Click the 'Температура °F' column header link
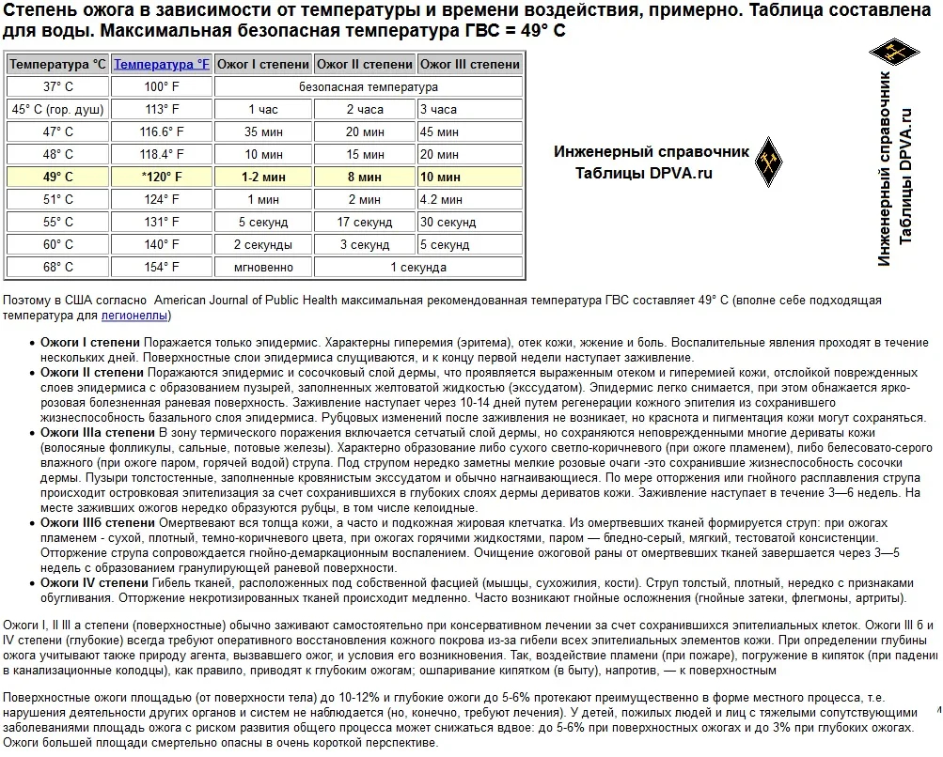(162, 65)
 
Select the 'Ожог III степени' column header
(469, 65)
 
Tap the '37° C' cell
(57, 87)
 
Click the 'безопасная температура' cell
(368, 87)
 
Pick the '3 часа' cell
(439, 110)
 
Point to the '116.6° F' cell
(162, 132)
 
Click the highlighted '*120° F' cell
(162, 178)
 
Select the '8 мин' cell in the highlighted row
(364, 178)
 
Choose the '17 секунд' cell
(364, 223)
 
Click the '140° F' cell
(162, 245)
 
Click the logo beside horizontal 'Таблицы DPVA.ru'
(771, 161)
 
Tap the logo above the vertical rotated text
(887, 54)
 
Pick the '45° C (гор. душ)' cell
(57, 110)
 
